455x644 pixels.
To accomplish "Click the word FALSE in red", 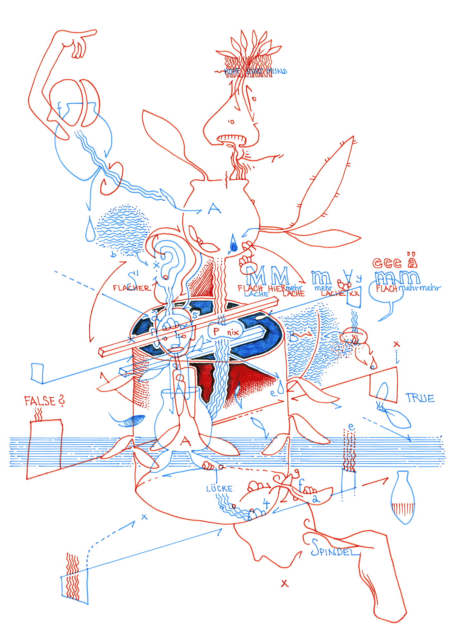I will (x=40, y=401).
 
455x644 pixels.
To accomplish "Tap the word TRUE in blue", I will (x=420, y=398).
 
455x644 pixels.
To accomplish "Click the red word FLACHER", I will (x=131, y=288).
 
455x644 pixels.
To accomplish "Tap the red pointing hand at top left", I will (x=79, y=43).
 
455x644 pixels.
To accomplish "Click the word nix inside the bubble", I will (x=233, y=332).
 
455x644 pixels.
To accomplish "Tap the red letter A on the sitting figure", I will (x=185, y=441).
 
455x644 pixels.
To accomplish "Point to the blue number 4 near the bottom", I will (x=266, y=503).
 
